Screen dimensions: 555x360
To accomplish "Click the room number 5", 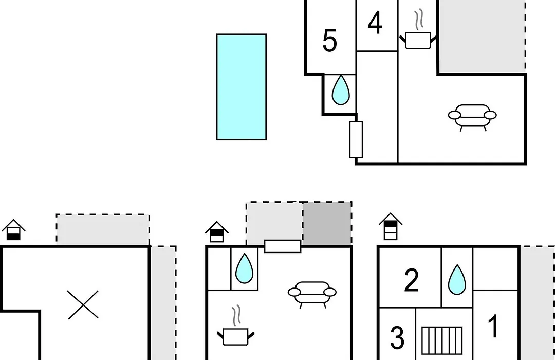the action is pos(329,41).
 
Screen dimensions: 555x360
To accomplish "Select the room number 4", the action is pos(375,23).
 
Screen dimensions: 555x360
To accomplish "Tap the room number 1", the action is pos(493,327).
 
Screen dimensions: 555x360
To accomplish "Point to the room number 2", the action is pos(411,280).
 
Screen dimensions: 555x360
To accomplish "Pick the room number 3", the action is pos(397,338).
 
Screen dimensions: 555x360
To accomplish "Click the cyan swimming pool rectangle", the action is pos(242,87).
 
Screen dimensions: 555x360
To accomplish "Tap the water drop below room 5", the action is pos(341,90).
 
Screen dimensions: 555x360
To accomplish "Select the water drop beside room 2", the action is pos(457,280).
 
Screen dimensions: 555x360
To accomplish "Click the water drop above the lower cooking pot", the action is pos(244,268).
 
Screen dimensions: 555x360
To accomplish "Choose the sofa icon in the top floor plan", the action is pos(472,117).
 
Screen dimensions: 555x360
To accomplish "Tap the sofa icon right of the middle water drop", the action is pos(312,294).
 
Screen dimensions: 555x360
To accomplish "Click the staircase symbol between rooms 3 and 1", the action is pos(442,340).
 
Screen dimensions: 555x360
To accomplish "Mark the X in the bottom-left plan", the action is pos(83,305).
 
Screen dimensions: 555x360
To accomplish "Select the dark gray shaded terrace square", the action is pos(327,223).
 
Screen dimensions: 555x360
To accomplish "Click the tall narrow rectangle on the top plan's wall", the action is pos(356,139).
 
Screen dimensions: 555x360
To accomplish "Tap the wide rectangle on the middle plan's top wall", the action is pos(283,246).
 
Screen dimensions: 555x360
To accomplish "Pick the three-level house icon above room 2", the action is pos(391,226).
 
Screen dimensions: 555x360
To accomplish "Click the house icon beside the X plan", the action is pos(13,230).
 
